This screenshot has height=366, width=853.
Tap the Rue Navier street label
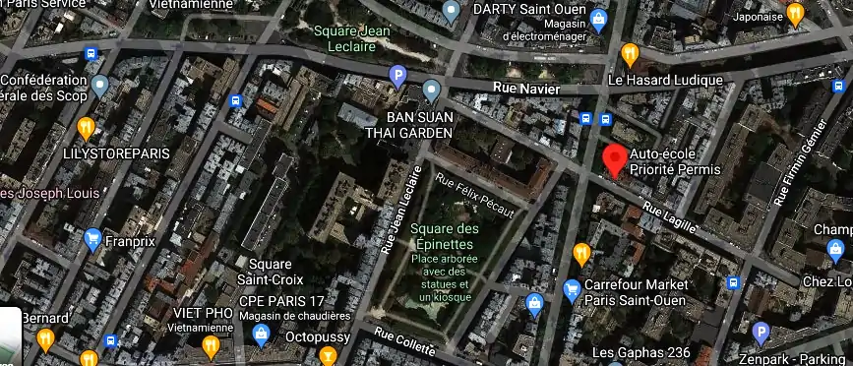coord(526,90)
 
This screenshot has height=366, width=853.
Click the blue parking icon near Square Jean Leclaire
coord(398,75)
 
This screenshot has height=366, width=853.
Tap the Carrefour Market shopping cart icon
coord(572,290)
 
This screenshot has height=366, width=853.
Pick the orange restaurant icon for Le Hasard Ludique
coord(630,54)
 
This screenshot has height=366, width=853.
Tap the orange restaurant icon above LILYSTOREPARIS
coord(87,127)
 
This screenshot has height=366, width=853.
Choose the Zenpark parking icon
coord(759,334)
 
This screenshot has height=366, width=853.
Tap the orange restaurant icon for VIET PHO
coord(210,345)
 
